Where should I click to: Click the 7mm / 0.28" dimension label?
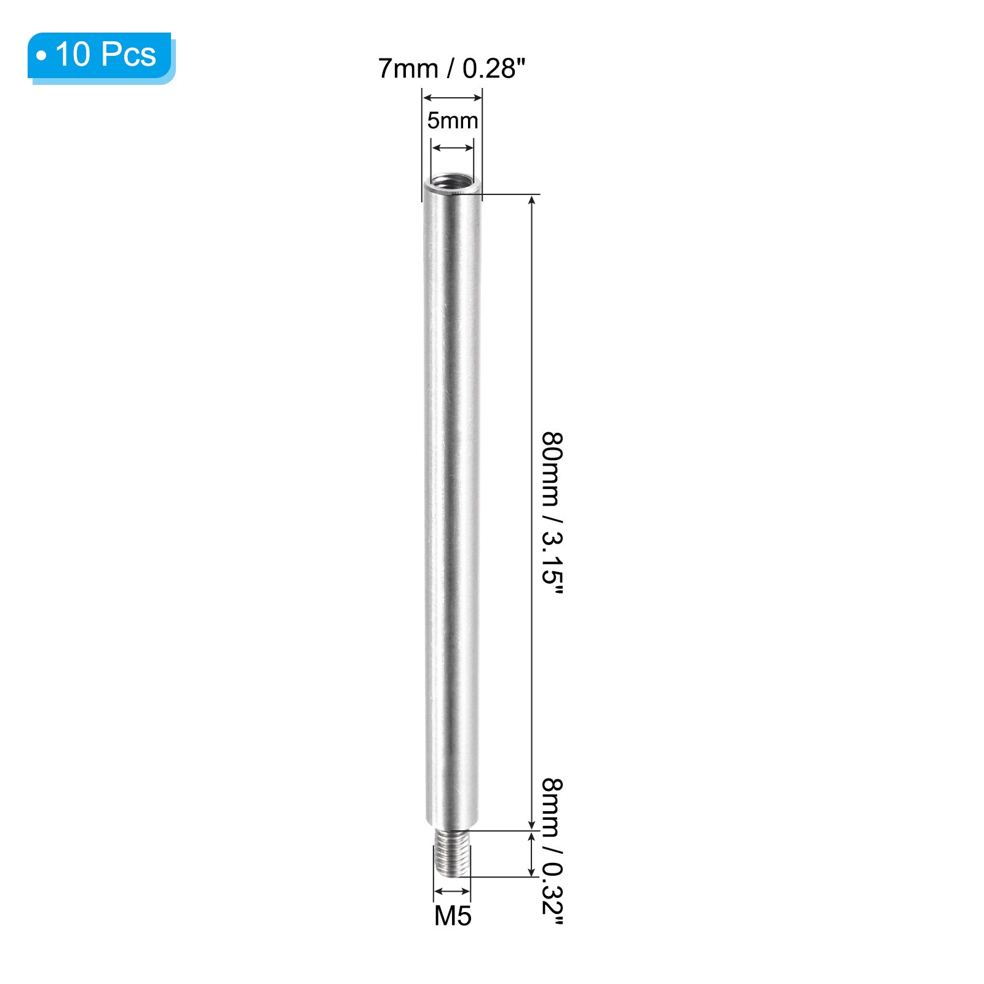tap(452, 68)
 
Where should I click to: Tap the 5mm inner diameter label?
tap(453, 121)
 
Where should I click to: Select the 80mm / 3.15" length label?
tap(552, 513)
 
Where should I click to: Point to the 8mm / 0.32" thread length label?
tap(552, 851)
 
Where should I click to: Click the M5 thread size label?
tap(453, 916)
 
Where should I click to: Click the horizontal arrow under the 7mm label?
tap(452, 97)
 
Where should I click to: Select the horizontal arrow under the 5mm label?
tap(453, 148)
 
